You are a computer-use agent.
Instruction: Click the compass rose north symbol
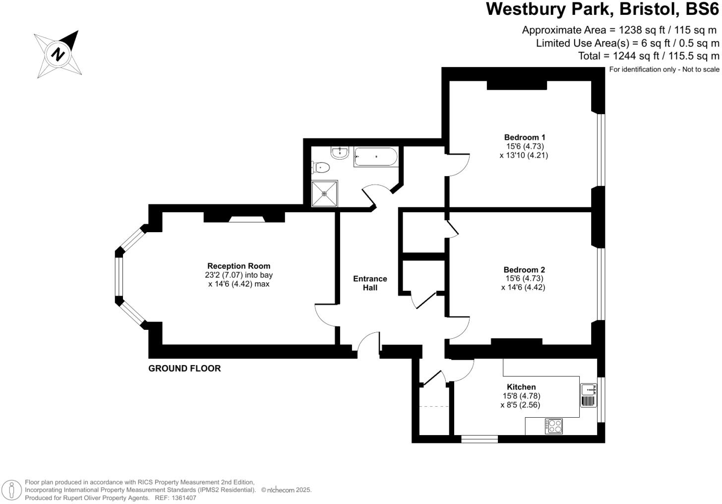pyautogui.click(x=58, y=54)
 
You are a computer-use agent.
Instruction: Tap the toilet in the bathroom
pyautogui.click(x=322, y=167)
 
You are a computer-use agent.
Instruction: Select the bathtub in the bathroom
pyautogui.click(x=375, y=157)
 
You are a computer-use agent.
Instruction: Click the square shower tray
pyautogui.click(x=325, y=193)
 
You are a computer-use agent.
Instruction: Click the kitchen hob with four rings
pyautogui.click(x=554, y=426)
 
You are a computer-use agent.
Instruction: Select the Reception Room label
pyautogui.click(x=239, y=266)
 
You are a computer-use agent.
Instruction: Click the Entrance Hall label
pyautogui.click(x=370, y=283)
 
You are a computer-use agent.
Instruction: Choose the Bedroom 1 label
pyautogui.click(x=525, y=137)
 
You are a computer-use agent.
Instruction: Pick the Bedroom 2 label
pyautogui.click(x=524, y=270)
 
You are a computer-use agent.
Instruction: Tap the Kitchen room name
pyautogui.click(x=521, y=387)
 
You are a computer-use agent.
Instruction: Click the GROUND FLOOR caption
pyautogui.click(x=184, y=369)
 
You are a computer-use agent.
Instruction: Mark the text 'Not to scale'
pyautogui.click(x=701, y=69)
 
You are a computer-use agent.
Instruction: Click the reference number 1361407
pyautogui.click(x=183, y=498)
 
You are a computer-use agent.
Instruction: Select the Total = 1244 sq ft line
pyautogui.click(x=648, y=56)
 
